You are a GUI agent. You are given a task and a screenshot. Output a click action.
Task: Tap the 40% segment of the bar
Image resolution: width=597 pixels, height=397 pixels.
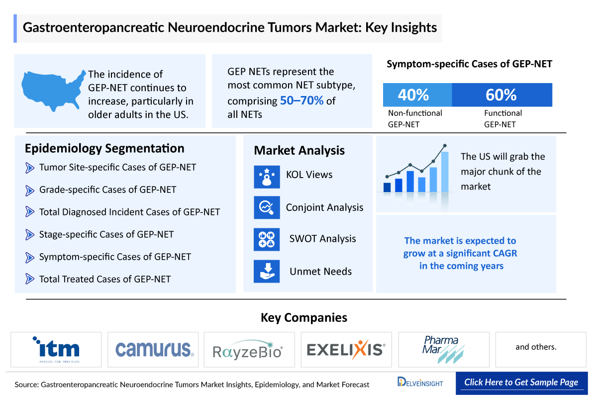(417, 95)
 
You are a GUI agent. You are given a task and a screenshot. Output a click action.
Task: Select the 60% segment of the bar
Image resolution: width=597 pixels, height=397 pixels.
(502, 95)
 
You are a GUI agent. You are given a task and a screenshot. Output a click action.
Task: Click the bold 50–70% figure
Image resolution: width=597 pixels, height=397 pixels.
(301, 101)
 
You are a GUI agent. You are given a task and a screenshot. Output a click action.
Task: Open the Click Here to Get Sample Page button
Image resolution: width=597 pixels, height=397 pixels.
(521, 383)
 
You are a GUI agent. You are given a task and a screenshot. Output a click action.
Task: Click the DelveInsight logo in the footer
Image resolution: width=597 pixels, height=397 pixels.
(420, 383)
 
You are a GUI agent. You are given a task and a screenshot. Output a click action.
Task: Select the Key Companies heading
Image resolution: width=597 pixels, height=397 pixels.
(303, 317)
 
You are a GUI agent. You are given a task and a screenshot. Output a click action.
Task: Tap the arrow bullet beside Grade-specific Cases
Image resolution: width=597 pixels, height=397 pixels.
(30, 190)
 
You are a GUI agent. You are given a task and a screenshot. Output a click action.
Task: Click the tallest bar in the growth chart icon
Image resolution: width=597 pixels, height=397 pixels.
(444, 172)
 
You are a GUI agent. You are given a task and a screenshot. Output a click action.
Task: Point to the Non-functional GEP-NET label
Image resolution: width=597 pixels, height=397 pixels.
(415, 118)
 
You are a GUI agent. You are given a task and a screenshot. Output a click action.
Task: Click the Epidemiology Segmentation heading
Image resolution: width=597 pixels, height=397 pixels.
(104, 148)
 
